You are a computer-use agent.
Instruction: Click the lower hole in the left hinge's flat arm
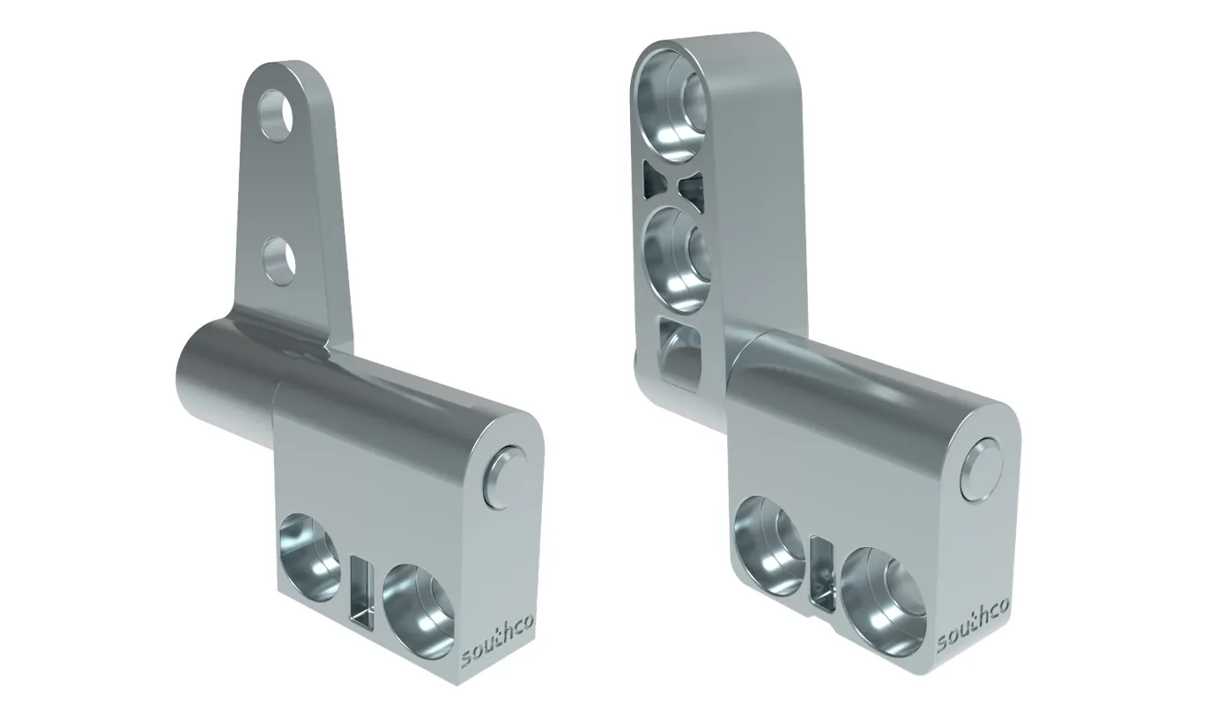(280, 260)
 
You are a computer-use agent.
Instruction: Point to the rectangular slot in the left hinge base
(361, 591)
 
